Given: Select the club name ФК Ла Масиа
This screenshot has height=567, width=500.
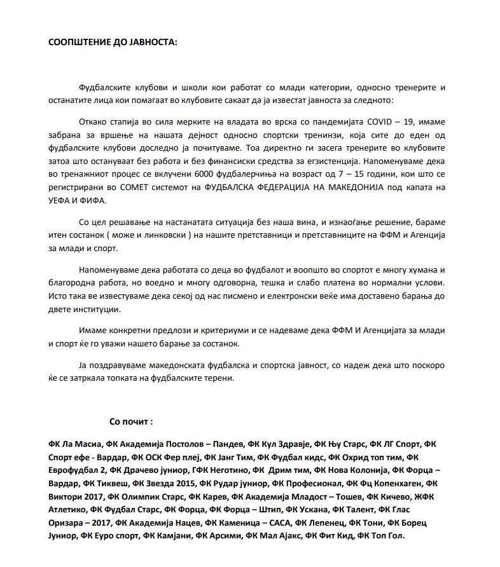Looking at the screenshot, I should pyautogui.click(x=74, y=444).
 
